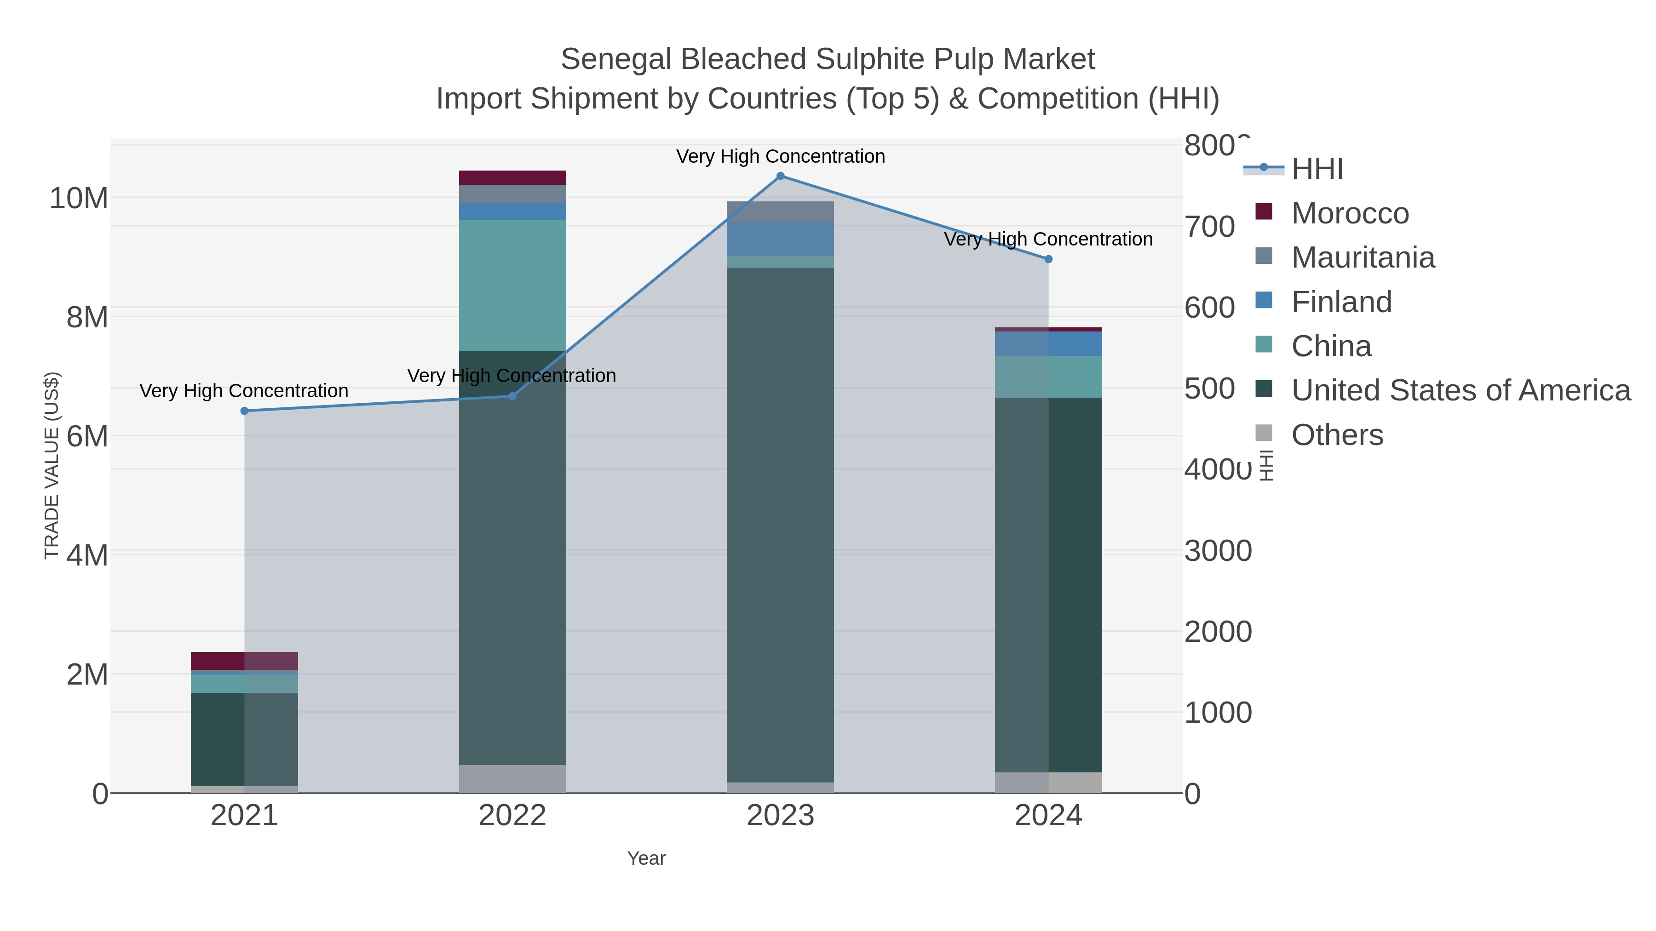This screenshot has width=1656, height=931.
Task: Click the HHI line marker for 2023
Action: point(781,176)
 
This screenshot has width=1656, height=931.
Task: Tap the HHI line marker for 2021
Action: point(244,411)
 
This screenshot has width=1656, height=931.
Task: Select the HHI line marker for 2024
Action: point(1048,260)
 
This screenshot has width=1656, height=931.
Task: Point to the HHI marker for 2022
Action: point(512,396)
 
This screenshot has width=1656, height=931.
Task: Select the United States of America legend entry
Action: point(1460,391)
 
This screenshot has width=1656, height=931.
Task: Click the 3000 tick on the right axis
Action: point(1218,551)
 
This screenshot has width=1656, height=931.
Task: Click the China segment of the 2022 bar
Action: point(512,286)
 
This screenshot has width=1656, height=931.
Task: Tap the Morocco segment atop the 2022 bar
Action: point(512,178)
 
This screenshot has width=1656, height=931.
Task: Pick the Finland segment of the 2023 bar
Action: point(781,239)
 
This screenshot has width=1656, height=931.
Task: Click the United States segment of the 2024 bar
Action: point(1048,585)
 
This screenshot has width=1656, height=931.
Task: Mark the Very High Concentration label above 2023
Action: point(781,157)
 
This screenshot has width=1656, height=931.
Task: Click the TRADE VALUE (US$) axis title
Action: point(52,466)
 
